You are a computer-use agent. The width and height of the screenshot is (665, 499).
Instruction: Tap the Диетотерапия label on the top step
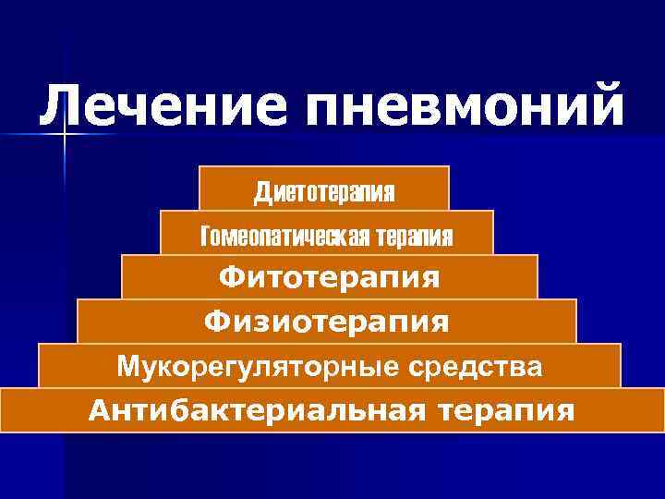324,192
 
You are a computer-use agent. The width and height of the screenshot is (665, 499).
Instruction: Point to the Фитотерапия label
329,277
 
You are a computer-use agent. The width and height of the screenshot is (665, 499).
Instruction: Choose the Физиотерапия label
327,322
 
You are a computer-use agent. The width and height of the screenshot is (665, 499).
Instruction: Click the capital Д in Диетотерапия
262,192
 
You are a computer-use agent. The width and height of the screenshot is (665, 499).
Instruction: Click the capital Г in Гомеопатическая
207,237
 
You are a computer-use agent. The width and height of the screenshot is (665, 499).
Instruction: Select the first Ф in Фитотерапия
229,277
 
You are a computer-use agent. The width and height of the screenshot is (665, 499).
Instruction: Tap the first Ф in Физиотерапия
215,322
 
